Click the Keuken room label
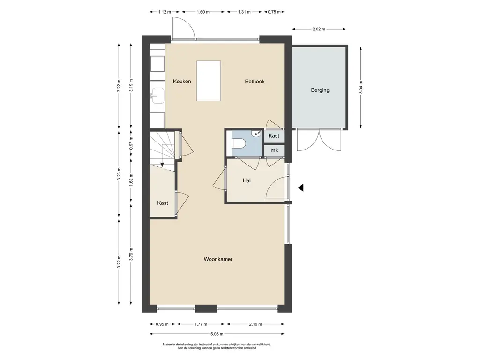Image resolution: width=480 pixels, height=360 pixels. pyautogui.click(x=182, y=82)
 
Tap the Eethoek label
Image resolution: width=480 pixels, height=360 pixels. pyautogui.click(x=255, y=82)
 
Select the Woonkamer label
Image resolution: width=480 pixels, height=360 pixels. pyautogui.click(x=218, y=259)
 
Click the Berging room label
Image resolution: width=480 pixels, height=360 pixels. pyautogui.click(x=320, y=90)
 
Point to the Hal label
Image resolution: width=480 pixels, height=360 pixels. pyautogui.click(x=247, y=180)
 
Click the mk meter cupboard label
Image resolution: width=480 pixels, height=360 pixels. pyautogui.click(x=274, y=150)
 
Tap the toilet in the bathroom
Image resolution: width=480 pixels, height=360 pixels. pyautogui.click(x=239, y=143)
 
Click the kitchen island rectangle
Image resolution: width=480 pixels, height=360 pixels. pyautogui.click(x=209, y=81)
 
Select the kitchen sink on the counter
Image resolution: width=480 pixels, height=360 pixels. pyautogui.click(x=157, y=96)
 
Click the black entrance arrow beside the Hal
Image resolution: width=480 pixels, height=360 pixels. pyautogui.click(x=300, y=187)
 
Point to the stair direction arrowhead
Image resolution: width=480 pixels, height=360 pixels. pyautogui.click(x=162, y=165)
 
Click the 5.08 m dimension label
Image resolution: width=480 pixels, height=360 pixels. pyautogui.click(x=217, y=334)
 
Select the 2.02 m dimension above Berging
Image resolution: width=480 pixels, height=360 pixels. pyautogui.click(x=319, y=29)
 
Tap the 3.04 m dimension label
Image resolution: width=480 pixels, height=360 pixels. pyautogui.click(x=361, y=87)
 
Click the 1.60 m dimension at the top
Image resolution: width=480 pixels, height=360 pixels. pyautogui.click(x=203, y=12)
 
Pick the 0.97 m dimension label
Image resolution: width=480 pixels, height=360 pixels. pyautogui.click(x=131, y=143)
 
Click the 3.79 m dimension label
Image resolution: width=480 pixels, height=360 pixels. pyautogui.click(x=131, y=254)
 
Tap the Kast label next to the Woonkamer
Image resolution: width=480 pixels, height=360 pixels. pyautogui.click(x=163, y=203)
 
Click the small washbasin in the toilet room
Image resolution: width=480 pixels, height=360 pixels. pyautogui.click(x=256, y=134)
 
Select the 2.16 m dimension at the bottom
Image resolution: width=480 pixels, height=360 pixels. pyautogui.click(x=255, y=324)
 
